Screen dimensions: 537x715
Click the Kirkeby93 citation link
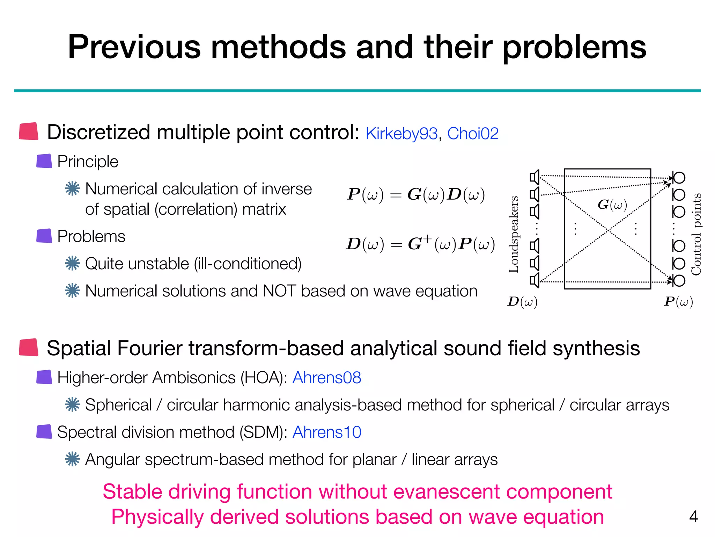click(x=401, y=134)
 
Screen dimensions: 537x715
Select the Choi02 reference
click(x=473, y=134)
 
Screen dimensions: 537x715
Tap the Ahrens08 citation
click(x=327, y=378)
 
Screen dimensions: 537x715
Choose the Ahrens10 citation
click(x=327, y=432)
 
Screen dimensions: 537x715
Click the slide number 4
click(x=693, y=516)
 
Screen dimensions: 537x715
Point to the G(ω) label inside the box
click(x=612, y=205)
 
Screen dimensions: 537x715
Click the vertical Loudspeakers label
click(x=514, y=234)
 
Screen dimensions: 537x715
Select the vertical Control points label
click(x=696, y=234)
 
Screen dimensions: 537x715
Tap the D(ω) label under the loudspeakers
click(x=522, y=301)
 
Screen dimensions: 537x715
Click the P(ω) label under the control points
click(x=678, y=301)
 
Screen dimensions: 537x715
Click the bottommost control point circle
click(x=679, y=280)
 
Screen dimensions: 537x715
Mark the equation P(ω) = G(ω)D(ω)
click(x=415, y=194)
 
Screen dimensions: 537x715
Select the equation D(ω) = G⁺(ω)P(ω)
click(x=420, y=244)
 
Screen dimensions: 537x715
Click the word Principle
click(x=88, y=162)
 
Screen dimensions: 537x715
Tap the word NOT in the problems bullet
click(x=279, y=291)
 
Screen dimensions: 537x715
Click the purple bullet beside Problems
click(x=44, y=236)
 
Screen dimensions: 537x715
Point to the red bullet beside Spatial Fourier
click(x=29, y=348)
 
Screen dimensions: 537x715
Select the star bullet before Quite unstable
click(x=72, y=263)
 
